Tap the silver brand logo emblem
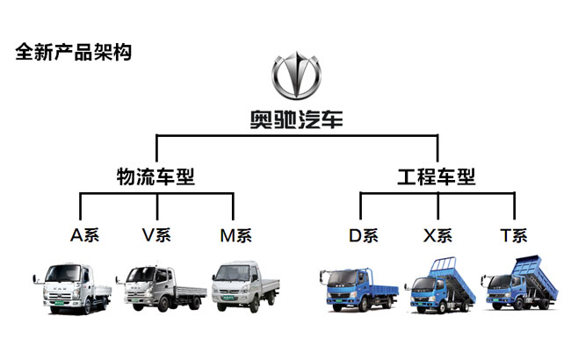(296, 78)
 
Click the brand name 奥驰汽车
(296, 119)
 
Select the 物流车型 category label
(155, 176)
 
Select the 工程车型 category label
(437, 176)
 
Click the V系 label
(156, 234)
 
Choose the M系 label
(235, 234)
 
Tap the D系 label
(362, 234)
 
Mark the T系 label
(514, 234)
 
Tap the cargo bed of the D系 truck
(380, 285)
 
